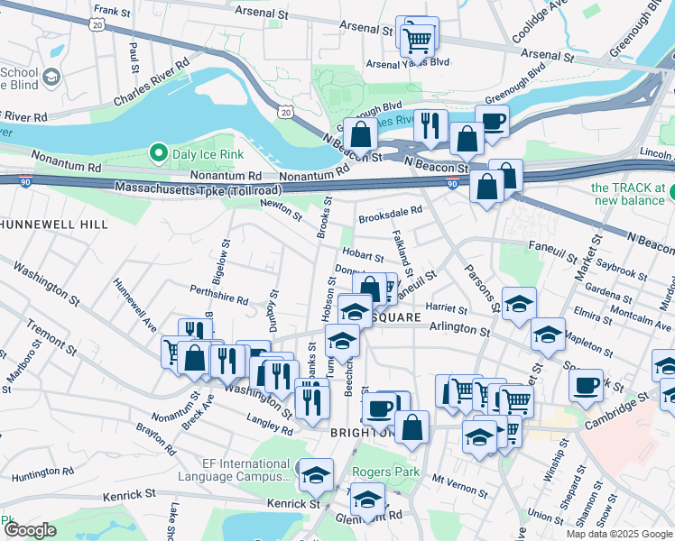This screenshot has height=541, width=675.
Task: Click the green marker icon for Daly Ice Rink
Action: (160, 153)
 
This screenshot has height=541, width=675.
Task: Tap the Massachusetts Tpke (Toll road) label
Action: (199, 189)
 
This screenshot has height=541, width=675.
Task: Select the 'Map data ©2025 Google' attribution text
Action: (618, 534)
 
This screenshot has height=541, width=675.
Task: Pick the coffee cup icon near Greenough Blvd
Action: (493, 122)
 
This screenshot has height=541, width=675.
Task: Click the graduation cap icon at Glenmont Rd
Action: (367, 500)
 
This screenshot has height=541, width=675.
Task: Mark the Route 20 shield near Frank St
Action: (97, 27)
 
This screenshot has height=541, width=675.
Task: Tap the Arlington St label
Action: (459, 331)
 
